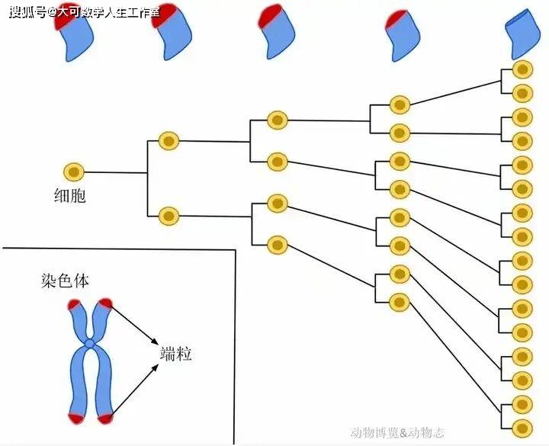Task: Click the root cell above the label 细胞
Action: coord(74,172)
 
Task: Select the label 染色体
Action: coord(65,281)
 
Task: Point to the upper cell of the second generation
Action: coord(169,141)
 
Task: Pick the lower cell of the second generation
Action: coord(169,215)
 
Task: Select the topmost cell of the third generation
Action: coord(278,120)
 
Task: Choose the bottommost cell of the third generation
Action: coord(278,245)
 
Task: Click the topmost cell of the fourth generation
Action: coord(400,104)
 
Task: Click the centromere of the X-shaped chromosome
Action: coord(90,345)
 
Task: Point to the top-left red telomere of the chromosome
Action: coord(75,306)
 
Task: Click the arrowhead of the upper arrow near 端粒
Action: coord(156,342)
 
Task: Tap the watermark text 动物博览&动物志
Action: coord(399,432)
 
